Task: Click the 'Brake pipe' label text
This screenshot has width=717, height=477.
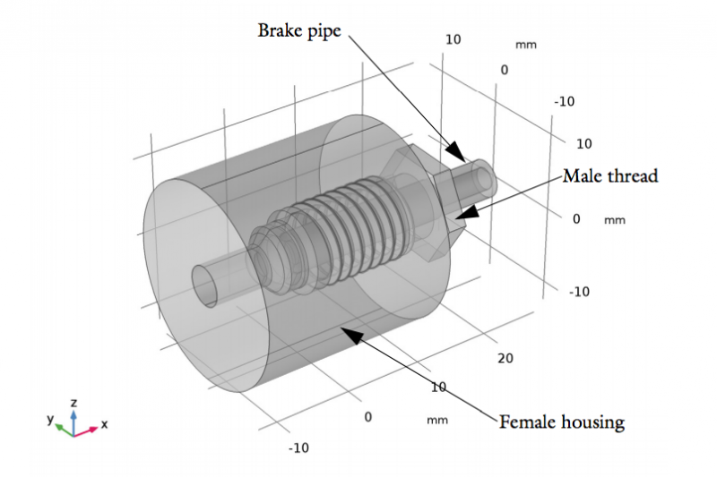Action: coord(300,30)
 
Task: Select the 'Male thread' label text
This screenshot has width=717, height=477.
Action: coord(609,176)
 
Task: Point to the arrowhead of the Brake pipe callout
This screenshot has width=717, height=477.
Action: coord(457,150)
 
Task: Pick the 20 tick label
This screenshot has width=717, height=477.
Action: coord(505,359)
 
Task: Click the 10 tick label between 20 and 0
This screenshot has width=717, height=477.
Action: coord(438,387)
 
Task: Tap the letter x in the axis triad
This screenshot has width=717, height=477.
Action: coord(104,424)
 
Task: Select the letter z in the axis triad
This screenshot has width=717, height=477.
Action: coord(73,404)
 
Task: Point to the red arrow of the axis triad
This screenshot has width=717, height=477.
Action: coord(88,430)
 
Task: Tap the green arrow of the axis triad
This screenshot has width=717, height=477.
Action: coord(62,428)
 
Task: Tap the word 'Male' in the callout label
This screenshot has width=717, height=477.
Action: coord(582,176)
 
